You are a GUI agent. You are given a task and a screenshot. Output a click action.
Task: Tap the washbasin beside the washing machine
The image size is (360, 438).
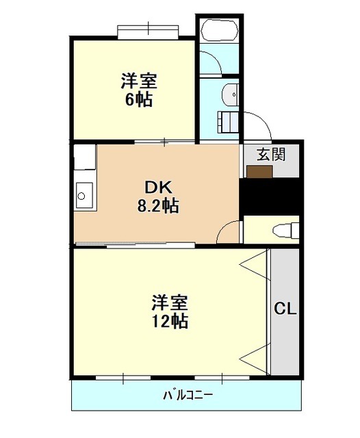coord(231,94)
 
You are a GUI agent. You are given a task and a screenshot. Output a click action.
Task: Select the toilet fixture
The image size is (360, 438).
coord(285,231)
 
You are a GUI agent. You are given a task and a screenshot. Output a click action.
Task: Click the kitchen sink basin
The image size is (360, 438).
coord(83,195)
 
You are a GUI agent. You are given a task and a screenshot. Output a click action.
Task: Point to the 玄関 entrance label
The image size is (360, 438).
coord(271,154)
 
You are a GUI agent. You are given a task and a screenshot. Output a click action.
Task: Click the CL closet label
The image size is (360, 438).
coord(285,309)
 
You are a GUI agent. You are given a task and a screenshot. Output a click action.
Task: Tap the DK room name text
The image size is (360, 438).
coord(158,188)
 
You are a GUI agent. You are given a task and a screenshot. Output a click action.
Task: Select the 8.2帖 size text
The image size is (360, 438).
coord(158,206)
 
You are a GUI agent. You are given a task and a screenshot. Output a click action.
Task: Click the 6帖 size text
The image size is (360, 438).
coord(139,99)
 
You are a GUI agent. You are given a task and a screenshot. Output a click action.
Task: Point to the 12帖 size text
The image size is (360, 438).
coord(170,321)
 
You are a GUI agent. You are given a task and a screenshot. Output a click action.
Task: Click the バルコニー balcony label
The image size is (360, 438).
coord(188,396)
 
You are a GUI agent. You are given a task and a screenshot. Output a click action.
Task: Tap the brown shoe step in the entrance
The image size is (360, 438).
coord(259,172)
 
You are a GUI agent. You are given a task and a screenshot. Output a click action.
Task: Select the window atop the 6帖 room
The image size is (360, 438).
coord(148,32)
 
